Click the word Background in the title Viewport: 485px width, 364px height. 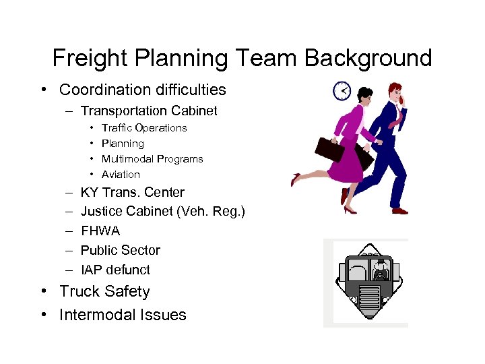click(x=368, y=58)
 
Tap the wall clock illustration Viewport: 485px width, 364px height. click(x=342, y=90)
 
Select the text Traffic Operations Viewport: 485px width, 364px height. click(x=144, y=128)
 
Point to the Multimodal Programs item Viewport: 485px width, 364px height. click(x=152, y=159)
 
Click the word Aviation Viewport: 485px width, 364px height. click(x=121, y=175)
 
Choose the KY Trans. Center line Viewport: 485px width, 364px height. click(x=132, y=193)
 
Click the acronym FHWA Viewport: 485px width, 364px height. click(x=100, y=231)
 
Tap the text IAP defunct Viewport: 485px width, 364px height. click(x=115, y=270)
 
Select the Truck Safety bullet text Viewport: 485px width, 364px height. click(x=104, y=292)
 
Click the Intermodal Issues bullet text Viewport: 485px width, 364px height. click(x=123, y=315)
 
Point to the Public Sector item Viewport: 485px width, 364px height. click(x=121, y=250)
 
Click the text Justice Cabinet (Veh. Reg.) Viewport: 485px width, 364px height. click(x=163, y=212)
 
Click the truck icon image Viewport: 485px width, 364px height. click(x=368, y=282)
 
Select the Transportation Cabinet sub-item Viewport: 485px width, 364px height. click(x=149, y=111)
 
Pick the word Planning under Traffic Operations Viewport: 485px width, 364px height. click(x=123, y=144)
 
